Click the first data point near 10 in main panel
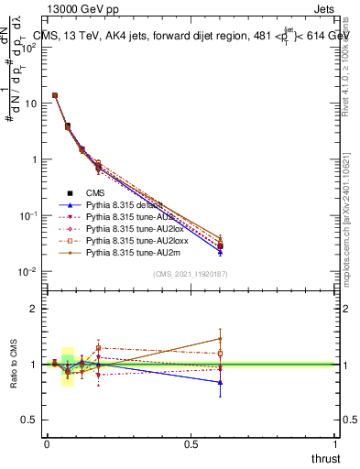click(55, 95)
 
